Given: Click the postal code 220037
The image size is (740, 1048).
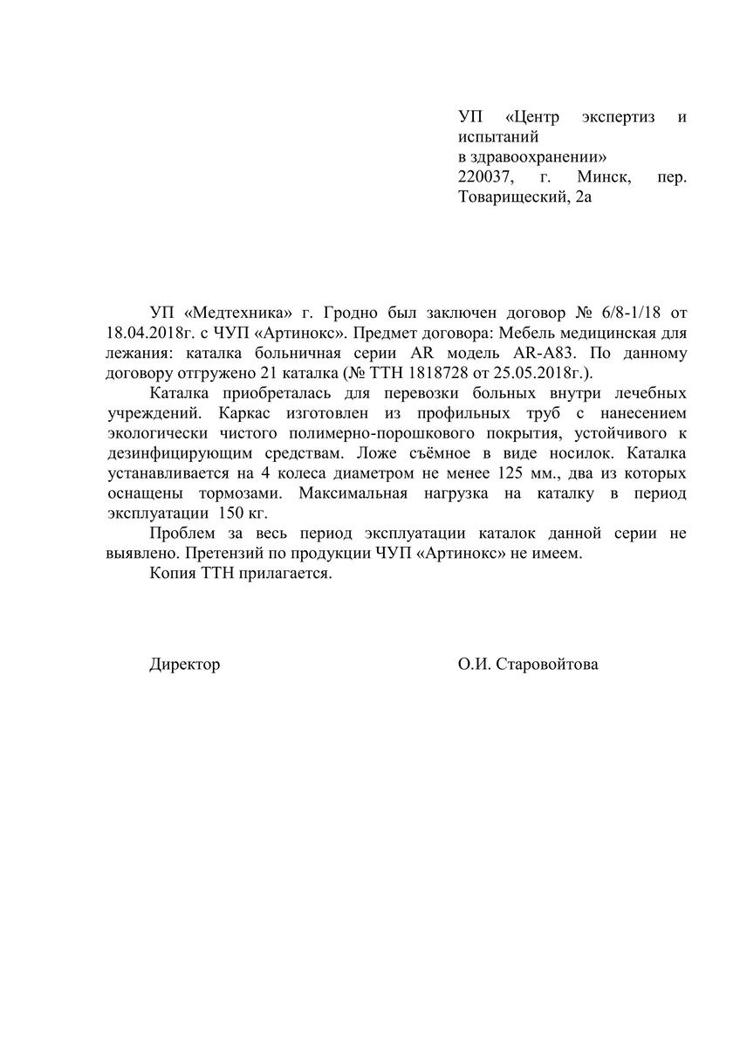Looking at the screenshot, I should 487,177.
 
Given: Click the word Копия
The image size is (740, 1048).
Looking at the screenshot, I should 171,574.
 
